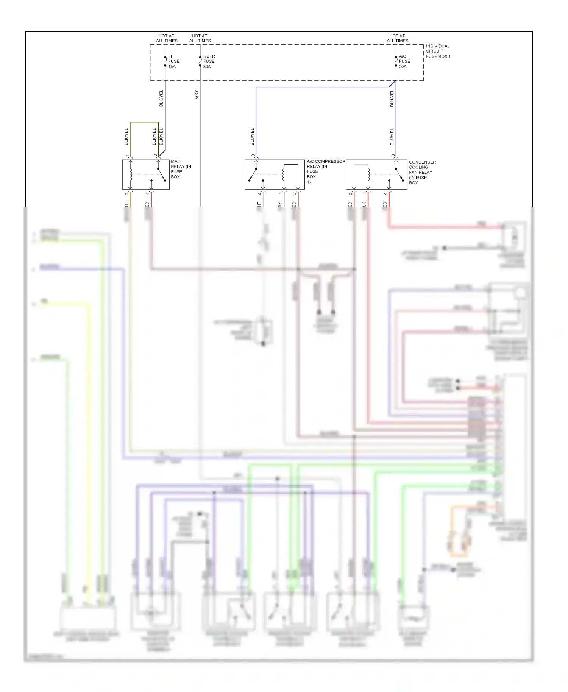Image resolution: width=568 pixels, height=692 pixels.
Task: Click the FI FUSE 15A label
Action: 173,61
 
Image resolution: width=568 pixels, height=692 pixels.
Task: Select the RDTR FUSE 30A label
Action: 209,61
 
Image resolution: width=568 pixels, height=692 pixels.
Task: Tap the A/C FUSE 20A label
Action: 404,61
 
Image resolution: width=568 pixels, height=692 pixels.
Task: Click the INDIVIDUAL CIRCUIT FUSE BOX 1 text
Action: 438,51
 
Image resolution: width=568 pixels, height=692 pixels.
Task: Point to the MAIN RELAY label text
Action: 181,169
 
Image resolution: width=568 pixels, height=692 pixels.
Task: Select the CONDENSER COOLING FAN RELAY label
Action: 422,172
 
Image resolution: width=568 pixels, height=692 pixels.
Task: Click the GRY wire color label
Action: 196,94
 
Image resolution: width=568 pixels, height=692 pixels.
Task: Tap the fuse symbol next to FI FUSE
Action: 165,61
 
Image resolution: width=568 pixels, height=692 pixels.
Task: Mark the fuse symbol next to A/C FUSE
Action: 396,61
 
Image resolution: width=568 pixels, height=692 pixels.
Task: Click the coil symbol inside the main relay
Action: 131,175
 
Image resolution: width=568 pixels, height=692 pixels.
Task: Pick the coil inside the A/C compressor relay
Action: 284,175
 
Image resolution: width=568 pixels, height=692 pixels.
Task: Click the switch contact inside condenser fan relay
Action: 399,175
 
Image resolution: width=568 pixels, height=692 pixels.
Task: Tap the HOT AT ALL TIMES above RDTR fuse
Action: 200,38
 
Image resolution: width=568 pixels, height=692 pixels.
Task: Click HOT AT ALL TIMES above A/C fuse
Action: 397,38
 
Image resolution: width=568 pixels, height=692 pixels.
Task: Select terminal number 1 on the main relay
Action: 127,156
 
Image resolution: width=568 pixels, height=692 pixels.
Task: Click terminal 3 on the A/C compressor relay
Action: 253,156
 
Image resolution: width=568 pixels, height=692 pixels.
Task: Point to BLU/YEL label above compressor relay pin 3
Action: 252,137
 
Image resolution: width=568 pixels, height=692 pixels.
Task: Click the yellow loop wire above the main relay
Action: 144,122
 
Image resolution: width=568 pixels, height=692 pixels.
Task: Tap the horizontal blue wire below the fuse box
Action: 322,87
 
